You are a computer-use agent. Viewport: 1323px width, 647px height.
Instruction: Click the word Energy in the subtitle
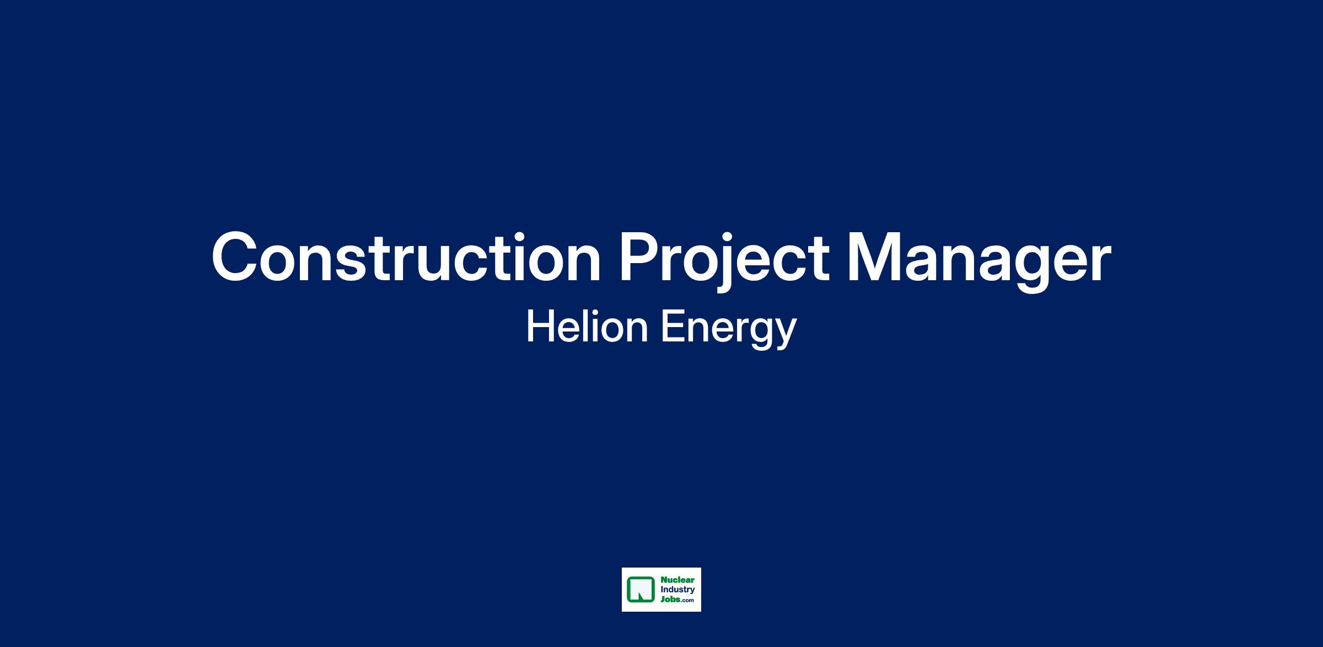[729, 330]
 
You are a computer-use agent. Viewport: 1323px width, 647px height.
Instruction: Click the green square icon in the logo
[641, 590]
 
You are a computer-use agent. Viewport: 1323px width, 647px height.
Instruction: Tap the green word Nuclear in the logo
[677, 580]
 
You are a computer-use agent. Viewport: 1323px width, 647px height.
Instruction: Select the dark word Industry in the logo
[677, 590]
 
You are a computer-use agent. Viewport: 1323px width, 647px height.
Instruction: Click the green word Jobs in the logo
[670, 600]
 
